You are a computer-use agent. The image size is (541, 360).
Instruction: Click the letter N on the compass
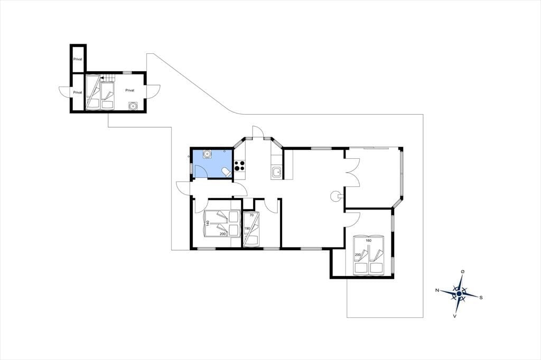click(437, 290)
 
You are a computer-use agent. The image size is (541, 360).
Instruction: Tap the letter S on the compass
click(481, 297)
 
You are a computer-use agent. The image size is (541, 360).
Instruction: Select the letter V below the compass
click(455, 316)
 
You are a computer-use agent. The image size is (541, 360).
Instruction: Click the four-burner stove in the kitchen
click(240, 166)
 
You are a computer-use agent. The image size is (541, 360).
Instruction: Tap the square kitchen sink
click(276, 172)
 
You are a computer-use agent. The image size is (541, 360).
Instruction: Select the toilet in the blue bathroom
click(226, 172)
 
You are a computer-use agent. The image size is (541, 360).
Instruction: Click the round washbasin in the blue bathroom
click(207, 154)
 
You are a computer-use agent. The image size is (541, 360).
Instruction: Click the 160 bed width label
click(368, 240)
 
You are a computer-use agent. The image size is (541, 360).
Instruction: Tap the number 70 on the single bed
click(251, 215)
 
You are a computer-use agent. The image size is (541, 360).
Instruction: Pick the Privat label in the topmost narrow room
click(78, 59)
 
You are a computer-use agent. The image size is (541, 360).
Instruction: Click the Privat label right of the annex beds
click(130, 90)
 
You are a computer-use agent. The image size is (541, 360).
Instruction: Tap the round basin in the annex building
click(133, 106)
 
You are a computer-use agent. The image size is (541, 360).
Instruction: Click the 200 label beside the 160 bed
click(358, 255)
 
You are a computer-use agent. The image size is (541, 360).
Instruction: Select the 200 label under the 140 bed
click(222, 234)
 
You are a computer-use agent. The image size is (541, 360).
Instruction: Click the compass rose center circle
click(459, 293)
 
